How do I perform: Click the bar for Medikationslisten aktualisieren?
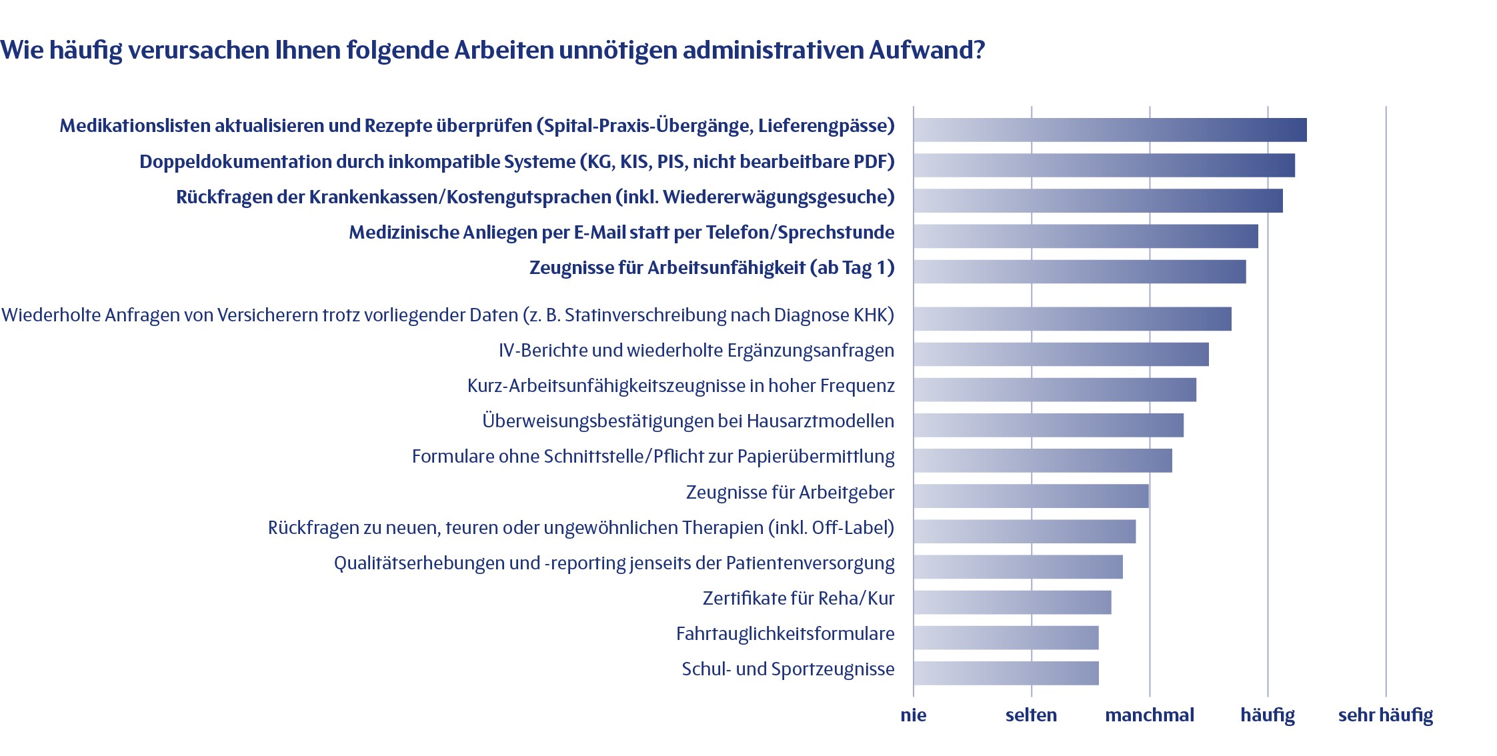[x=1110, y=129]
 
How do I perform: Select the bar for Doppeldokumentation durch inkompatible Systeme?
[x=1104, y=165]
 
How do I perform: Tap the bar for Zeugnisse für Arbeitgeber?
[x=1031, y=496]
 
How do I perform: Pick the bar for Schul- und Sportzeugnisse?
[x=1006, y=673]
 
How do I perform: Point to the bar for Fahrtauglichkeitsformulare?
[x=1006, y=637]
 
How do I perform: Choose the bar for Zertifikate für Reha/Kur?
[x=1012, y=602]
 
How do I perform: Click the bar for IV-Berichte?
[x=1061, y=354]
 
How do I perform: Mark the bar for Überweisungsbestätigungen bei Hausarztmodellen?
[x=1048, y=425]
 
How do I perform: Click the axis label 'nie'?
[x=913, y=715]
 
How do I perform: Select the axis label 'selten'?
[x=1031, y=715]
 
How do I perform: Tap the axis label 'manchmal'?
[x=1149, y=715]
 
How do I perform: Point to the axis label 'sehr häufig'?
[x=1385, y=715]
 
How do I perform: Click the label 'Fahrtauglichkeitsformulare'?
[x=785, y=633]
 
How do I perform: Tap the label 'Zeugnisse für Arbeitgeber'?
[x=790, y=493]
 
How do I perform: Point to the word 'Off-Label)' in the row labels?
[x=853, y=528]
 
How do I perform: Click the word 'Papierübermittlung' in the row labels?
[x=816, y=457]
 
